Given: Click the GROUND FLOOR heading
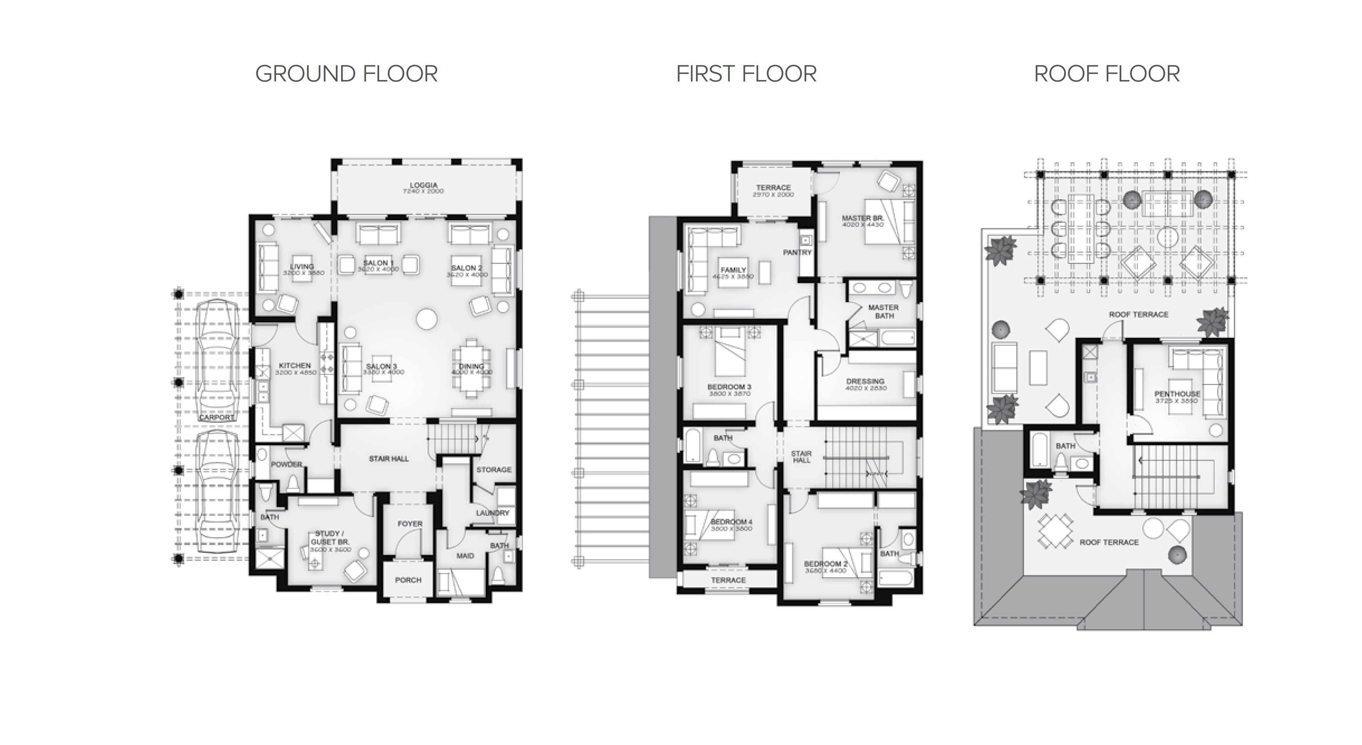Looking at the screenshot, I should [x=346, y=74].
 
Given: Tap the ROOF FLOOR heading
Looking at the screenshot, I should [x=1107, y=74].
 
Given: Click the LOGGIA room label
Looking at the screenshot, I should [x=423, y=185].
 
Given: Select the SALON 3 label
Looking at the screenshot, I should [x=381, y=366].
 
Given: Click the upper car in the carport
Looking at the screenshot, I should [x=216, y=360].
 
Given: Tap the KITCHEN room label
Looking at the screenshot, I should [x=295, y=366].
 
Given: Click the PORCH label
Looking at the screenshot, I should [x=408, y=580].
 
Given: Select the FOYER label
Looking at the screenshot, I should [x=410, y=524].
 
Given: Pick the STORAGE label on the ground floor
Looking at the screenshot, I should [x=493, y=470].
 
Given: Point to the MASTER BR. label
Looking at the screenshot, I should [x=862, y=218].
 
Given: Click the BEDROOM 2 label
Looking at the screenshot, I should [x=825, y=564].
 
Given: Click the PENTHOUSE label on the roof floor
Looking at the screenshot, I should [x=1177, y=394].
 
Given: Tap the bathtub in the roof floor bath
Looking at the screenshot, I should [x=1039, y=450].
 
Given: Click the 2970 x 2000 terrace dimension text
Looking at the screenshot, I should [x=773, y=195].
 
